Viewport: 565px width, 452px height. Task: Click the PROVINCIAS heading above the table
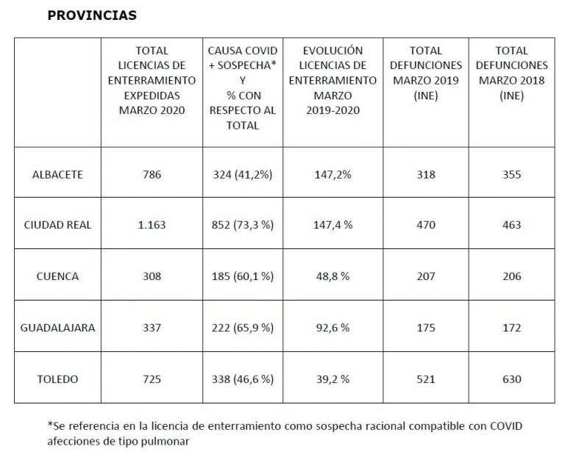(x=92, y=15)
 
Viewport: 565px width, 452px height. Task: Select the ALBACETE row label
(x=57, y=175)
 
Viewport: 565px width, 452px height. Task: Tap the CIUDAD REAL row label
(x=57, y=225)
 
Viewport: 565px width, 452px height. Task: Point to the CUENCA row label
(x=57, y=276)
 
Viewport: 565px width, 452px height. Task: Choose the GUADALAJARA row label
(x=57, y=328)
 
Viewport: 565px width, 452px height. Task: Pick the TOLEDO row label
(x=57, y=379)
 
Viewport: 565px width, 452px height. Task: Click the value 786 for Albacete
(x=152, y=175)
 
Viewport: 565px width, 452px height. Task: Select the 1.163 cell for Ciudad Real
(x=152, y=225)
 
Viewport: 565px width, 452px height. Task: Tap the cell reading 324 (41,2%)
(x=243, y=175)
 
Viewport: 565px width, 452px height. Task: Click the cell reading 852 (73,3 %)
(x=243, y=225)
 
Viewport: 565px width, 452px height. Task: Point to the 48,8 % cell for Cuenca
(x=332, y=276)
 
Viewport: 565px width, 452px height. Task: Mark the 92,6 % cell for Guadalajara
(x=332, y=328)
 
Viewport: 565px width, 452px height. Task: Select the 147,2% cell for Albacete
(x=332, y=175)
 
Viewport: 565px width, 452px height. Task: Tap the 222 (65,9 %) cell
(x=243, y=328)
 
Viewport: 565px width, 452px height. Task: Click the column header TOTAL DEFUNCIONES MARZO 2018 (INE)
(x=511, y=73)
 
